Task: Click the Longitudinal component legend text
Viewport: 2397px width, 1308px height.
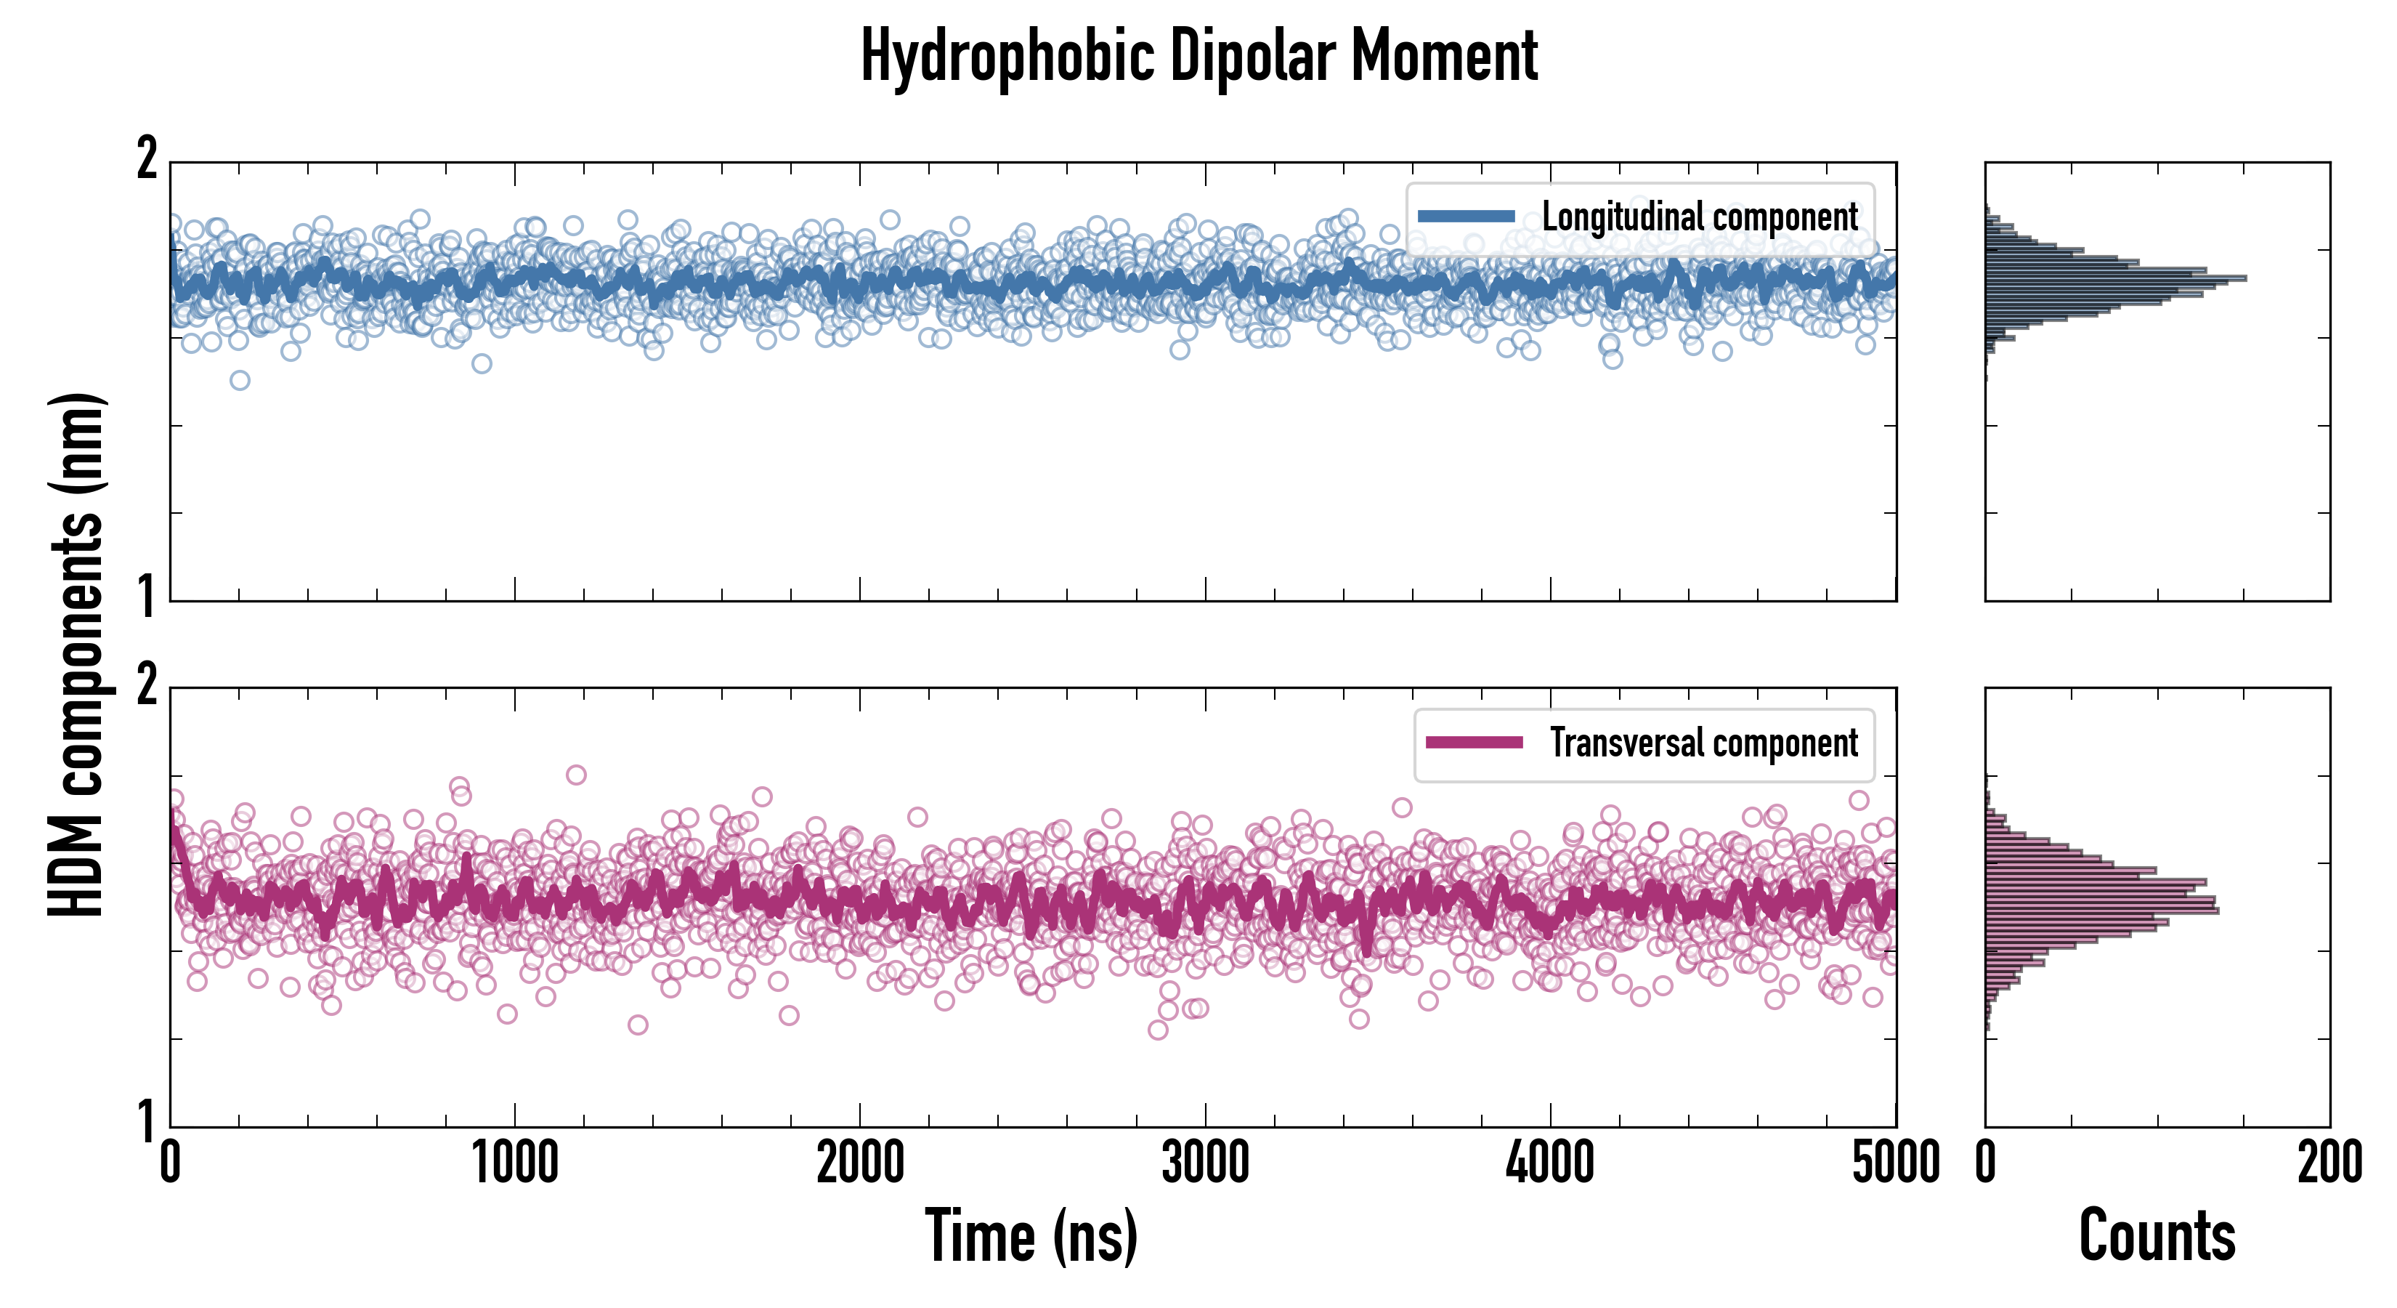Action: (1699, 217)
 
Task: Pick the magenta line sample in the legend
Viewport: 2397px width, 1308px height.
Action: (1473, 743)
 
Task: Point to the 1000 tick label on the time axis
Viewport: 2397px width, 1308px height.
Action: (514, 1163)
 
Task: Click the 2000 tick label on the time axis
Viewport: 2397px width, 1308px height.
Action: (860, 1163)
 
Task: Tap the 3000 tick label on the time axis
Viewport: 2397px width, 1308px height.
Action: (1205, 1163)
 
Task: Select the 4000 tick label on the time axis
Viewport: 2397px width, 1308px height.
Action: (1550, 1163)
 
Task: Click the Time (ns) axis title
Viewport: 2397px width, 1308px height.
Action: (1031, 1236)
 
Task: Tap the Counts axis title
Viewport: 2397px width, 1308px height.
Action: (2157, 1236)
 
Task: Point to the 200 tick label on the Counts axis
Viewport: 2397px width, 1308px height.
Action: (2329, 1163)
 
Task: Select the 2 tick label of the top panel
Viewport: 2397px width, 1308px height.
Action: (147, 160)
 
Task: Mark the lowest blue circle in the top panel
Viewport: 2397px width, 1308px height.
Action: (240, 380)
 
